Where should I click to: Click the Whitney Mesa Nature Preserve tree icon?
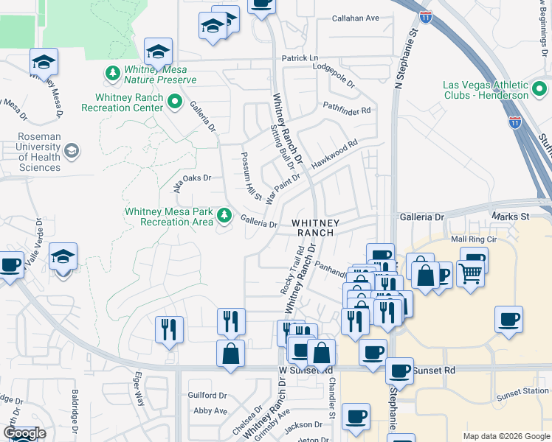(113, 73)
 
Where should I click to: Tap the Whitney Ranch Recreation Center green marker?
(175, 102)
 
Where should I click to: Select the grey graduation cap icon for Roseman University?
(72, 152)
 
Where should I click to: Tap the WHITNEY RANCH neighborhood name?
(316, 227)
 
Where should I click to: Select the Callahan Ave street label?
(355, 18)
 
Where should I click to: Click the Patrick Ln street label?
(299, 57)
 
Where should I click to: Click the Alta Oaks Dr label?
(192, 178)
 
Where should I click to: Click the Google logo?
(24, 433)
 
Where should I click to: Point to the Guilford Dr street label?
(207, 394)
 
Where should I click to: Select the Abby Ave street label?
(210, 410)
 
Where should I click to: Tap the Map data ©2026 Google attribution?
(505, 436)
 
